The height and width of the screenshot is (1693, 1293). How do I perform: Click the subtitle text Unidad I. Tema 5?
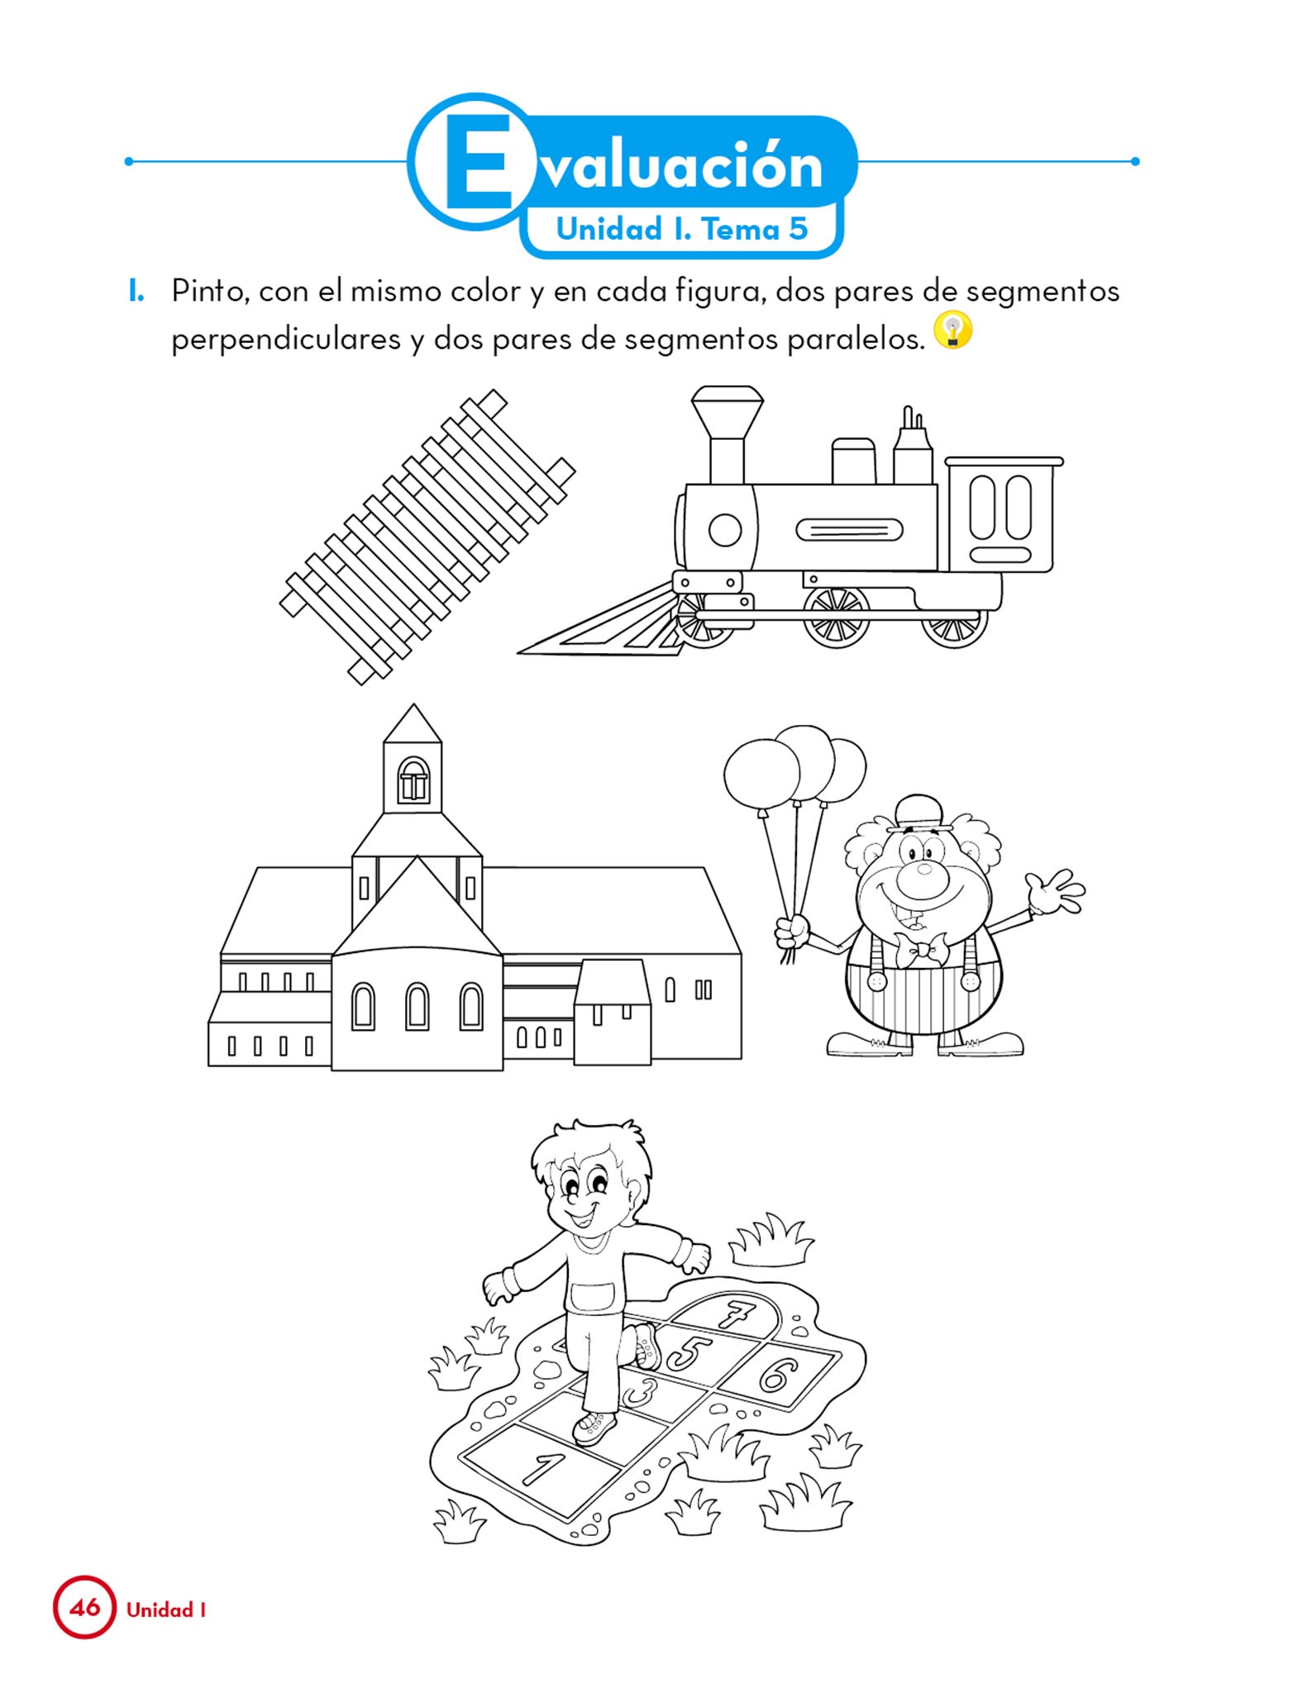coord(682,229)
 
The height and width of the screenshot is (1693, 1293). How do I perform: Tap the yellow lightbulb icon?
coord(952,331)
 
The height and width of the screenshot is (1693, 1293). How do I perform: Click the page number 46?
coord(84,1607)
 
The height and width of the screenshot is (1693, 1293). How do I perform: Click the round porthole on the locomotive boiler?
coord(725,530)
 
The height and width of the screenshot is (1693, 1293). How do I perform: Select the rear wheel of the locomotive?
coord(956,626)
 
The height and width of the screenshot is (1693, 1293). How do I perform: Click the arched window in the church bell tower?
coord(413,780)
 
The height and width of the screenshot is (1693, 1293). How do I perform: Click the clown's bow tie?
coord(918,948)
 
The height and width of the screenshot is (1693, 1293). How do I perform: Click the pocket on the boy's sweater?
coord(593,1295)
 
